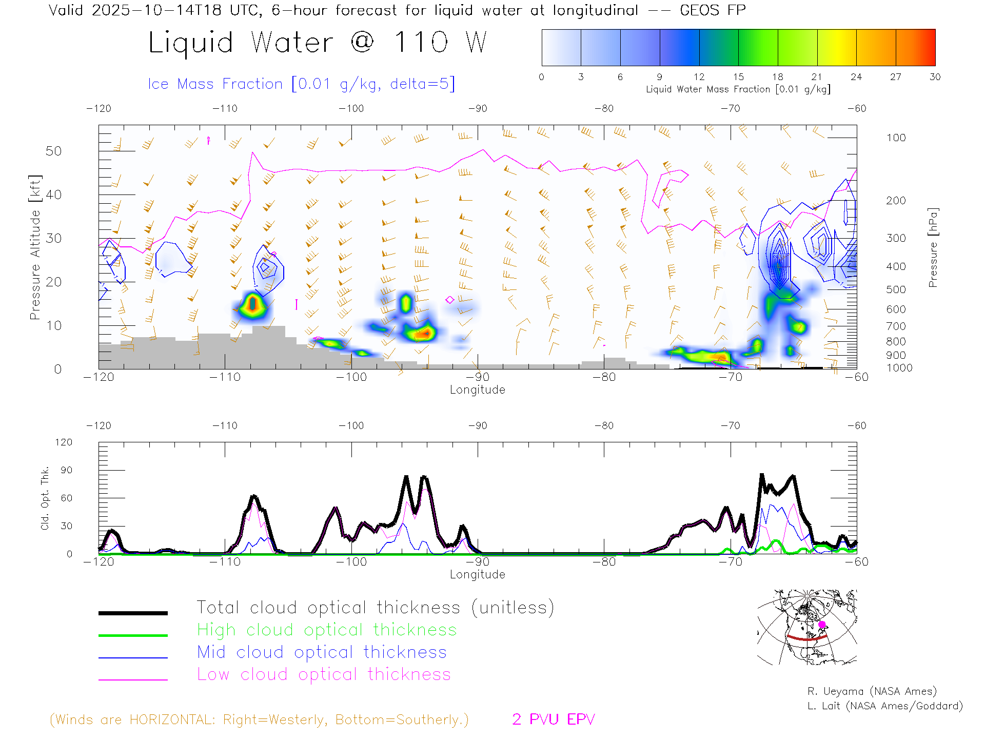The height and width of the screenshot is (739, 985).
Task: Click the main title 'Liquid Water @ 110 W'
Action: tap(317, 43)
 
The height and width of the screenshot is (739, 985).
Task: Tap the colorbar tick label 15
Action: tap(738, 77)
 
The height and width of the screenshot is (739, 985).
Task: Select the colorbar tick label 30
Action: tap(935, 77)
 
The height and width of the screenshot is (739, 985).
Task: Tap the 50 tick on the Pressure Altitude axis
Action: tap(53, 151)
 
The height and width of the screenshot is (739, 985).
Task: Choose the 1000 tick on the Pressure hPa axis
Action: tap(899, 368)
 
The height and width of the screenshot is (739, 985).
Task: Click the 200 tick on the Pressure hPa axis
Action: tap(896, 201)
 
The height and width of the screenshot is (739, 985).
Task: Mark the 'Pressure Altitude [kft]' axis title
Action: tap(35, 247)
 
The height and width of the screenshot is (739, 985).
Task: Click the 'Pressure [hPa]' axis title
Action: tap(933, 247)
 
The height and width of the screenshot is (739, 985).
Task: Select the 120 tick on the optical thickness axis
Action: tap(64, 442)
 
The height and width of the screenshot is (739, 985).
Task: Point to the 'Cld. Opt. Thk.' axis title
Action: tap(45, 498)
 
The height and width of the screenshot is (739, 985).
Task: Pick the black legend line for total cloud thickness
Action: tap(133, 613)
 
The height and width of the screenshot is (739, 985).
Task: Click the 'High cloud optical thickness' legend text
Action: tap(327, 630)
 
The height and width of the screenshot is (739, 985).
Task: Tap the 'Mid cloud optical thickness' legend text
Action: tap(322, 652)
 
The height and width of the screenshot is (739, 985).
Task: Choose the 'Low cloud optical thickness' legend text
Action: tap(324, 674)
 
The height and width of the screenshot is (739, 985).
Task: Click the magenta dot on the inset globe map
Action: tap(822, 625)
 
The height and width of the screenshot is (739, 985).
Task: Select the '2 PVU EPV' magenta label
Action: tap(553, 719)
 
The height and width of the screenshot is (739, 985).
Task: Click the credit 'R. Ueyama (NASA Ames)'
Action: tap(872, 691)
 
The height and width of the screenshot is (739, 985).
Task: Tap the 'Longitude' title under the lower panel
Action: tap(477, 574)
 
